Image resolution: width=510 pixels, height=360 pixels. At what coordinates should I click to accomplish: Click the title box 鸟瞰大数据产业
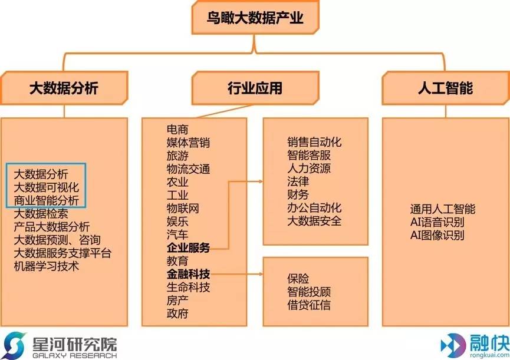click(255, 19)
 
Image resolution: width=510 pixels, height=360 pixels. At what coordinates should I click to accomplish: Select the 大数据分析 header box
click(64, 88)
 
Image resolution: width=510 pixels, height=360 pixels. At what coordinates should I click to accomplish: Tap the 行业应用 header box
click(255, 88)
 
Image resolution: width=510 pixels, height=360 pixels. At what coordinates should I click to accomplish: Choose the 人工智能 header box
click(445, 88)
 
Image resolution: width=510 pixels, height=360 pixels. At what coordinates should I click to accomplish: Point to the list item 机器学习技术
click(47, 266)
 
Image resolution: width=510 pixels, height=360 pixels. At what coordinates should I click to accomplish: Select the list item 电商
click(177, 130)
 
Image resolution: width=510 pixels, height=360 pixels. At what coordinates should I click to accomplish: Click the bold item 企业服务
click(188, 247)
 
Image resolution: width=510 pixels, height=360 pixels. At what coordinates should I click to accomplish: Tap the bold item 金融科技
click(188, 274)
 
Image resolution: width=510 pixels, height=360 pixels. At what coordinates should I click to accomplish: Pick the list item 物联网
click(183, 209)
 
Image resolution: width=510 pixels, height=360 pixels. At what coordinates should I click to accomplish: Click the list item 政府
click(177, 313)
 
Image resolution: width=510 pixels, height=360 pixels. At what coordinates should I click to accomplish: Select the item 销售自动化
click(314, 143)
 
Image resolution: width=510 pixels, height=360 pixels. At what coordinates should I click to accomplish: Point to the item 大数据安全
click(314, 222)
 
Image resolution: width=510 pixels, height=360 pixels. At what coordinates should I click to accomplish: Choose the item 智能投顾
click(309, 292)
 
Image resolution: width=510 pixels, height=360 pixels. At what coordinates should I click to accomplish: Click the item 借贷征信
click(309, 305)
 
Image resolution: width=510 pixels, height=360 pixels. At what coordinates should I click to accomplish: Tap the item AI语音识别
click(437, 222)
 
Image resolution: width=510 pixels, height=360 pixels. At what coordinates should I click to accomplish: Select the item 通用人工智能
click(443, 209)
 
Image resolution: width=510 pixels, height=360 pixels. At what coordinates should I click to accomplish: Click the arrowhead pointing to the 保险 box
click(260, 274)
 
